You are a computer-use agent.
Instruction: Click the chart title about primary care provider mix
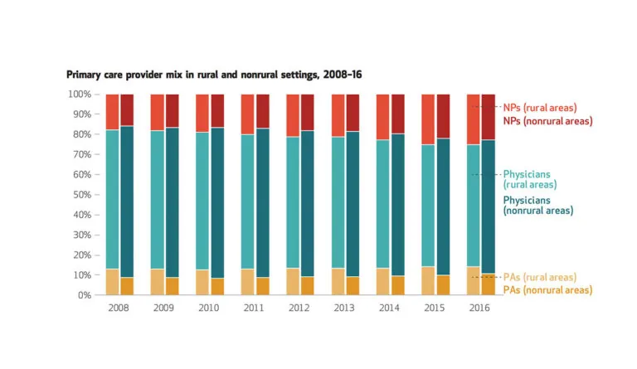[x=213, y=75]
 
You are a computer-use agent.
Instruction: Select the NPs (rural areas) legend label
[x=539, y=108]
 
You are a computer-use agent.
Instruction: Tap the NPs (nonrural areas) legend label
[x=547, y=121]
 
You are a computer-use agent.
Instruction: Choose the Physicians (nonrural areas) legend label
[x=537, y=206]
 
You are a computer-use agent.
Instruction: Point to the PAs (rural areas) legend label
[x=539, y=277]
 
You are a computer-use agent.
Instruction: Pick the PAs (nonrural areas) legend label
[x=547, y=290]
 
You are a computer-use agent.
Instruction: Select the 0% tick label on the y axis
[x=85, y=295]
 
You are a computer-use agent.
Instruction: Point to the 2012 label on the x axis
[x=300, y=308]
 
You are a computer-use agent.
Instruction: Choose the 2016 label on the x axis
[x=481, y=308]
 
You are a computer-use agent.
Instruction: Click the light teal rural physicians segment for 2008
[x=112, y=199]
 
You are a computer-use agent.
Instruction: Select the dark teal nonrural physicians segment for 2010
[x=217, y=202]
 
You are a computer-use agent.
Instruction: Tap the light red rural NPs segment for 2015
[x=429, y=119]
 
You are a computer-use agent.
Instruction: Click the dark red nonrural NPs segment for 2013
[x=353, y=113]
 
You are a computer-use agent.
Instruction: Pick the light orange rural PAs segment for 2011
[x=247, y=282]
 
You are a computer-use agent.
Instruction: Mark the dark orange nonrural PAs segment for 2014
[x=399, y=285]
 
